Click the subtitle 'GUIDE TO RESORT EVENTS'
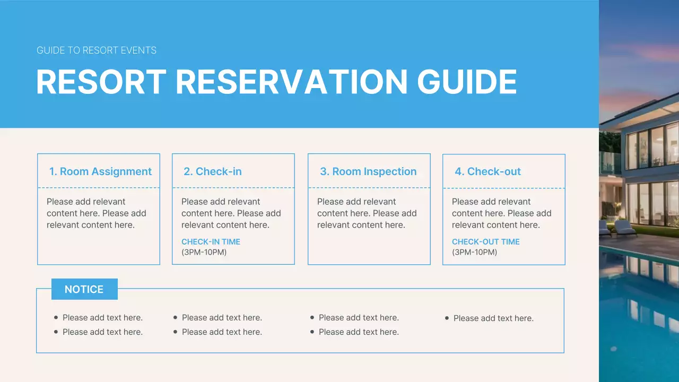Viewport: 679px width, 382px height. [x=97, y=51]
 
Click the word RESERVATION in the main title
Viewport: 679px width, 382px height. [x=291, y=82]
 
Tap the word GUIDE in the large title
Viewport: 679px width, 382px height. [x=467, y=82]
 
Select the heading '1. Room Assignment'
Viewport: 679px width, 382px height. [x=100, y=171]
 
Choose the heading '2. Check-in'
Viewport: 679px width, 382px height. [x=212, y=171]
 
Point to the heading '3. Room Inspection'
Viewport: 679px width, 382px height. [x=368, y=171]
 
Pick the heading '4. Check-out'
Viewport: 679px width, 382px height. [x=488, y=171]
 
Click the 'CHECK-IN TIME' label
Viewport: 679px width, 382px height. [x=211, y=242]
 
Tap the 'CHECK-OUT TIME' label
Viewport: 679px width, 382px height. [x=485, y=242]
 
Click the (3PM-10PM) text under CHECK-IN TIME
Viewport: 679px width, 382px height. [x=204, y=253]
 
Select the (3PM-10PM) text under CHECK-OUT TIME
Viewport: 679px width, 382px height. [x=475, y=253]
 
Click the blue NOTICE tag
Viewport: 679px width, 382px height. [x=84, y=289]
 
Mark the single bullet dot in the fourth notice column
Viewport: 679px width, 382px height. [x=447, y=318]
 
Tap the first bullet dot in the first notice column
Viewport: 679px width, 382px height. [x=56, y=317]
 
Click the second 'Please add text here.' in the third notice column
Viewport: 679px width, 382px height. [x=359, y=332]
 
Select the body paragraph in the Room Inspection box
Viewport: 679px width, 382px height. [x=367, y=213]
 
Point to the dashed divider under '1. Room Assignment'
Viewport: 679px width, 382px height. [x=99, y=187]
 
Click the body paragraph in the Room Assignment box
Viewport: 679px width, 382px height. [x=96, y=213]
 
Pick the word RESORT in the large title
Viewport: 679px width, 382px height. [x=101, y=82]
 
